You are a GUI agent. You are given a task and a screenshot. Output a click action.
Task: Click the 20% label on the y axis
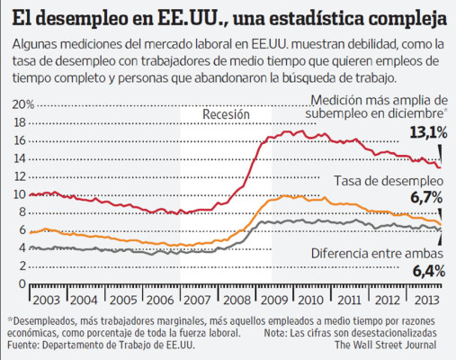click(x=19, y=105)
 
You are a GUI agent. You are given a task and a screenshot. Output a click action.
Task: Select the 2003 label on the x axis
click(x=46, y=298)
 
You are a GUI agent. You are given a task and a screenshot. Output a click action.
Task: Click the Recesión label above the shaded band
click(x=227, y=115)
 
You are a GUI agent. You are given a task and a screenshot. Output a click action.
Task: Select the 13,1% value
click(x=427, y=132)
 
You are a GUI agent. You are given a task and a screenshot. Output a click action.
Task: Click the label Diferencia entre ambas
click(x=378, y=253)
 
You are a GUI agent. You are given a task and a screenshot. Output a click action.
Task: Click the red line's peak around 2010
click(x=288, y=131)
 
